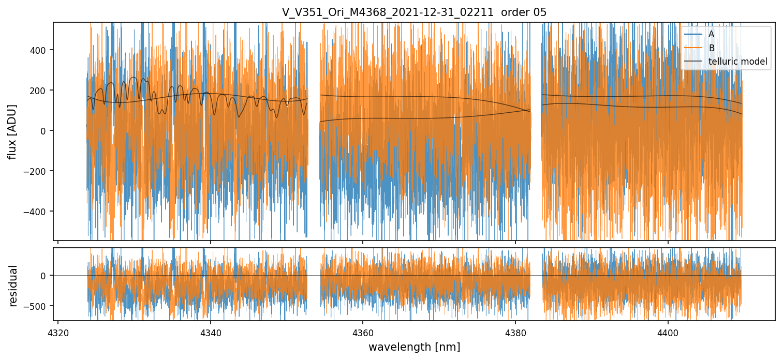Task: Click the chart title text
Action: tap(414, 12)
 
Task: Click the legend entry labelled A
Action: tap(711, 34)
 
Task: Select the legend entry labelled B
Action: tap(711, 48)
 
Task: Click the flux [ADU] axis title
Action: tap(12, 131)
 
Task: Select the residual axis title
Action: tap(13, 286)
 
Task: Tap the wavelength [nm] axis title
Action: tap(414, 347)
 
